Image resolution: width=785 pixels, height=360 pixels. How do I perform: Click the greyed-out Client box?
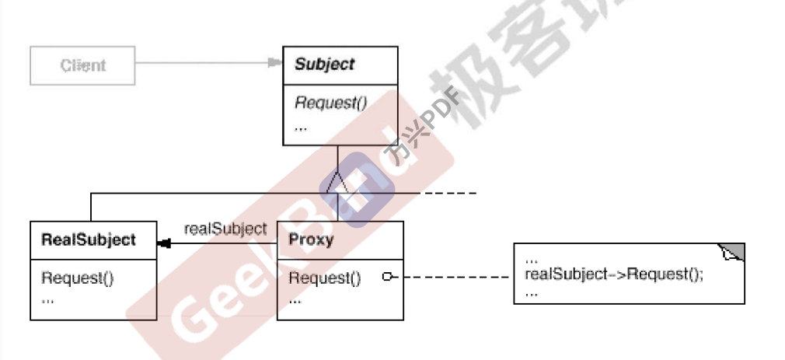(x=82, y=65)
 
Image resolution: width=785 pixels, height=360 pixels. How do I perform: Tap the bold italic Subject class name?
(x=324, y=65)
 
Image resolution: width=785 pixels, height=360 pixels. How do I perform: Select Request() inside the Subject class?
(x=330, y=103)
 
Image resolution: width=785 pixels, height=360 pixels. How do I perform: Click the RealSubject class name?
(x=88, y=239)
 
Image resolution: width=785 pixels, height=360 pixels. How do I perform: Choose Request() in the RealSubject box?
(x=78, y=278)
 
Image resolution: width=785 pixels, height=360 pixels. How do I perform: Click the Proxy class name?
(x=311, y=239)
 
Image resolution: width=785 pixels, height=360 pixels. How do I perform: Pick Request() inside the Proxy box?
(x=325, y=278)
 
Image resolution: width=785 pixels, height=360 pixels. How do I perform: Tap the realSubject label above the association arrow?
(x=225, y=229)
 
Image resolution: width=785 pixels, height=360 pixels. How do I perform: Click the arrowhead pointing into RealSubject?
(x=163, y=244)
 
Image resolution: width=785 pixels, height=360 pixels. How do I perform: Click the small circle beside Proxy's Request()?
(x=387, y=277)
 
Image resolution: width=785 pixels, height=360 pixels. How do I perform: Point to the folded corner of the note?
(x=733, y=253)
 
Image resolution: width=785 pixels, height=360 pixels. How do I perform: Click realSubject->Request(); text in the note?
(x=614, y=274)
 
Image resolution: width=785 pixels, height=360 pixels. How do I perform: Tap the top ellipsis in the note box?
(x=532, y=259)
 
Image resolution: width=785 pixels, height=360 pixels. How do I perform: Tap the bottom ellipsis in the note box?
(x=532, y=292)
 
